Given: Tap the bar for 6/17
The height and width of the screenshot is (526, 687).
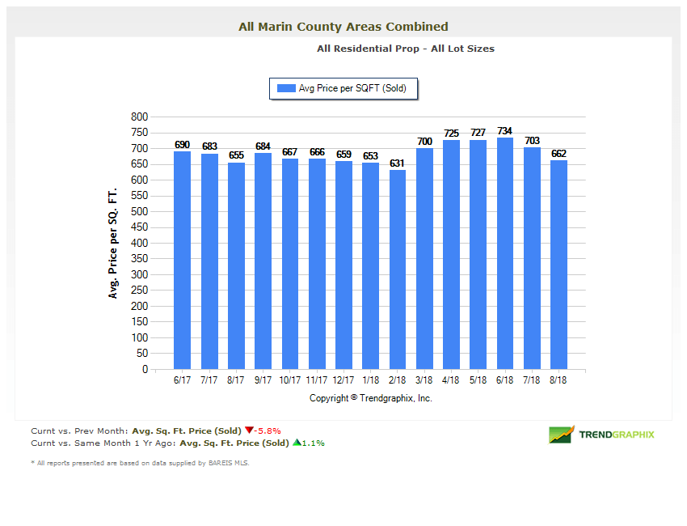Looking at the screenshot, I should (x=183, y=260).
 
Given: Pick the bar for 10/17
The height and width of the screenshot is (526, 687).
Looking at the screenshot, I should (x=290, y=264).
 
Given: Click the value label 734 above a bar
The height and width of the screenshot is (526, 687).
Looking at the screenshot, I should (x=505, y=130).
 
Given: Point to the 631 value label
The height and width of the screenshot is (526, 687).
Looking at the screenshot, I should (x=397, y=163).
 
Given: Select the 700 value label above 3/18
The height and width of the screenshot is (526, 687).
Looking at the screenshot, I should (x=424, y=142).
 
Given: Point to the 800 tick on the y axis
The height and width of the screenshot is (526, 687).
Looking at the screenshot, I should (x=139, y=117).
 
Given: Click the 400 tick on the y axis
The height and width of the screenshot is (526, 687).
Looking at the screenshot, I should (x=139, y=244).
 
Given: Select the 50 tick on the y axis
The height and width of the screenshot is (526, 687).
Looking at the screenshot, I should (x=141, y=354).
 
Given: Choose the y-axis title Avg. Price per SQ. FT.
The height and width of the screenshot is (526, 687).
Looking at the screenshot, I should (x=113, y=244).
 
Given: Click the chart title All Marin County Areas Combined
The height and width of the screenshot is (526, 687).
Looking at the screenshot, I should (x=343, y=27).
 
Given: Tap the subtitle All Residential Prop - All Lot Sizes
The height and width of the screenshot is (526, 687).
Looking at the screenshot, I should (x=406, y=49).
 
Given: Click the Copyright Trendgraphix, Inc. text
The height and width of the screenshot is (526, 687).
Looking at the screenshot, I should (x=371, y=398).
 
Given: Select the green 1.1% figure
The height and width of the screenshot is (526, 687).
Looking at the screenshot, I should (x=312, y=443).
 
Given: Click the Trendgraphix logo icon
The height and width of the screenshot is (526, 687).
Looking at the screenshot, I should (x=561, y=435).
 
